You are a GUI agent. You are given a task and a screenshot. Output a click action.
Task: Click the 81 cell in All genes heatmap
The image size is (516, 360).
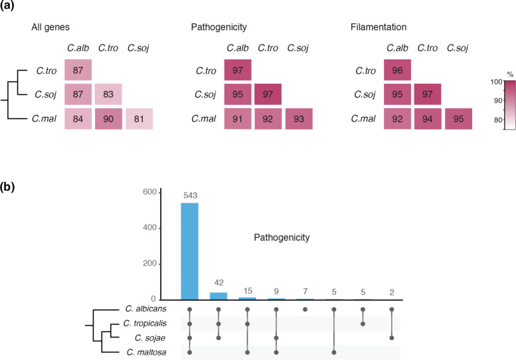point(139,119)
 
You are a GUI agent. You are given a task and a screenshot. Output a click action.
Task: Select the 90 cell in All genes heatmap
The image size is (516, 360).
point(108,119)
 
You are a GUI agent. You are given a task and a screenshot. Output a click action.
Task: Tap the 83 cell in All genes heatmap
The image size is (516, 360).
point(108,94)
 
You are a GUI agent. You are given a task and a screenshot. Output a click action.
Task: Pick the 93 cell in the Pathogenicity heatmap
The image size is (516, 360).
point(299,119)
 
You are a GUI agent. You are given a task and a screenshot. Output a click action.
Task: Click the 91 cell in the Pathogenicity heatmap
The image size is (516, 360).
point(238,119)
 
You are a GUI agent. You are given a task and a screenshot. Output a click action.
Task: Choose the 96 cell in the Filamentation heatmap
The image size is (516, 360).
point(397,70)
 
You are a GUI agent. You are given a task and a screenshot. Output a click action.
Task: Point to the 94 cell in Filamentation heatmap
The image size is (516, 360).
point(428,119)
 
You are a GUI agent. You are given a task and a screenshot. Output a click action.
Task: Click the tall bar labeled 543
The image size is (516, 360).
point(189,252)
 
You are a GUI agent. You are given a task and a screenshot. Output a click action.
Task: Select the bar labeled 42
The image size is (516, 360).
point(218,296)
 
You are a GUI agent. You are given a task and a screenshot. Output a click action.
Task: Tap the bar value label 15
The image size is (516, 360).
point(248,291)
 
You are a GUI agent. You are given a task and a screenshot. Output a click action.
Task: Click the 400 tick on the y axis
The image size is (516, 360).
point(149,228)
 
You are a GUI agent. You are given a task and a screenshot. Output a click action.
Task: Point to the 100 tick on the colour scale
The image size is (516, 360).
point(497,82)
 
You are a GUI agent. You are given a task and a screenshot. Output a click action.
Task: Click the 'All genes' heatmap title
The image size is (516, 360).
point(50,27)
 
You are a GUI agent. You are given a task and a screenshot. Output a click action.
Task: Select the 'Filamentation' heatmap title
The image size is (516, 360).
point(379,27)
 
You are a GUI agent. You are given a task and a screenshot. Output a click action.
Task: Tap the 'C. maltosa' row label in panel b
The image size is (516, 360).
point(146,353)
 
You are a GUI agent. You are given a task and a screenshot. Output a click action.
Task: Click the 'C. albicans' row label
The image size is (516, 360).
point(146,309)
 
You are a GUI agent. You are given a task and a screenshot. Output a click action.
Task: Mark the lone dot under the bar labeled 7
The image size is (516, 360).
point(305,310)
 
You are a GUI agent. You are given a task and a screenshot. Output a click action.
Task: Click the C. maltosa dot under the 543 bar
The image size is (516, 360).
point(189,353)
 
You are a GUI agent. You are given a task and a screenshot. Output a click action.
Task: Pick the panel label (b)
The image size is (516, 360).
point(7,187)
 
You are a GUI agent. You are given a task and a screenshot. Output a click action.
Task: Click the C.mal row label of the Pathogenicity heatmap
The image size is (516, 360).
point(204,119)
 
